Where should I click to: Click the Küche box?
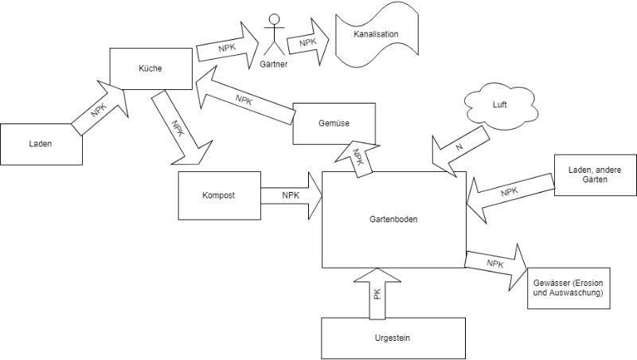(x=150, y=68)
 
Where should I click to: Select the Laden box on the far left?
(x=41, y=144)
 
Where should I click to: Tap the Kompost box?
(x=219, y=195)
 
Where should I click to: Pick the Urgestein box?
(x=393, y=338)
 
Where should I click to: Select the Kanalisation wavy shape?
(x=377, y=35)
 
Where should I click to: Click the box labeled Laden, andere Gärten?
(x=594, y=174)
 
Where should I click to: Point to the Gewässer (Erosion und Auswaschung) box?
(x=568, y=288)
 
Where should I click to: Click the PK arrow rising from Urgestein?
(x=377, y=293)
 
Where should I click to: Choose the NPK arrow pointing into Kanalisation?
(x=308, y=41)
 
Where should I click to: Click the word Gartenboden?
(x=393, y=219)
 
